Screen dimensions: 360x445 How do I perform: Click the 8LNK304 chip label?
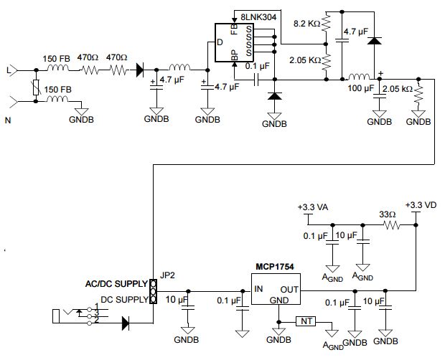[257, 15]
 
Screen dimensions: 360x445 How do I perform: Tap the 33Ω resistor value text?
[388, 214]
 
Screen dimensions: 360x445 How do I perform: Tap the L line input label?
[9, 71]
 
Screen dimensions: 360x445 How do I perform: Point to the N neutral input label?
[9, 120]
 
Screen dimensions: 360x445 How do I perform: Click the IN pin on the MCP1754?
[260, 289]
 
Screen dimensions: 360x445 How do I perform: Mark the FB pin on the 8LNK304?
[234, 29]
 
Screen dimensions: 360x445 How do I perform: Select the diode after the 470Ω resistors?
[139, 70]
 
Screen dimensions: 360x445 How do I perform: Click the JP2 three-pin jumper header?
[153, 290]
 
